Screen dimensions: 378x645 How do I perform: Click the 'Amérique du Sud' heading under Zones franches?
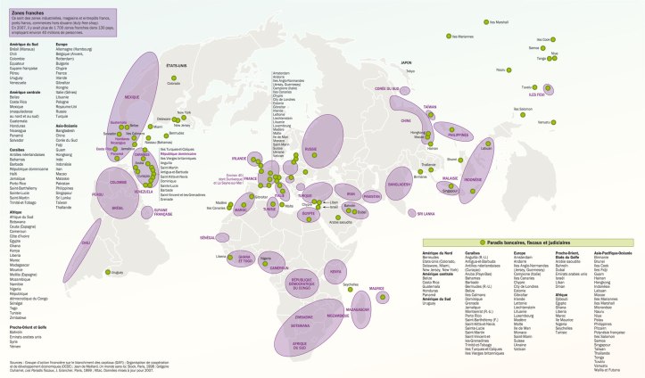[x=17, y=44]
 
